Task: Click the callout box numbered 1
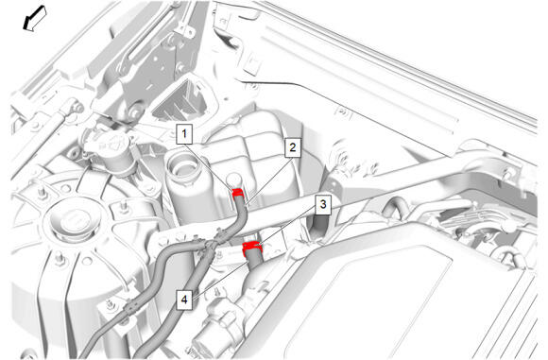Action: (x=184, y=133)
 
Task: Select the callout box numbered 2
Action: (x=292, y=147)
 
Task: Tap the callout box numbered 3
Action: (x=323, y=204)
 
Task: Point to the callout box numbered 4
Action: (x=184, y=300)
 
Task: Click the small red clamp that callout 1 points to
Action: (x=239, y=192)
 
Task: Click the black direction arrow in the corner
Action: (x=34, y=19)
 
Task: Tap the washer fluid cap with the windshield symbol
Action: (x=111, y=144)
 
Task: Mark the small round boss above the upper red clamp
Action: (x=233, y=180)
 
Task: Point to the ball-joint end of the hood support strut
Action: (x=74, y=105)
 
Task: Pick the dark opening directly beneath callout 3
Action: (x=317, y=226)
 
